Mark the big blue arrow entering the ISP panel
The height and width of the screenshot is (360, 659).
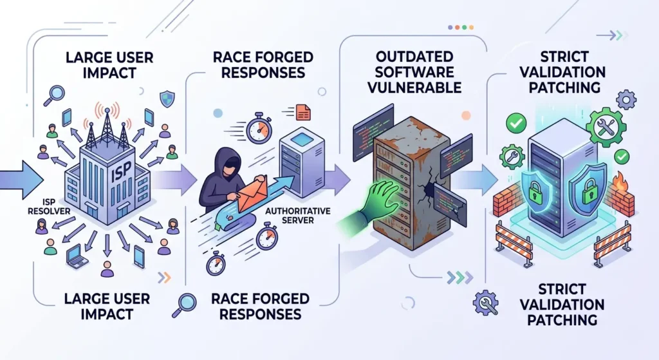point(18,178)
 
